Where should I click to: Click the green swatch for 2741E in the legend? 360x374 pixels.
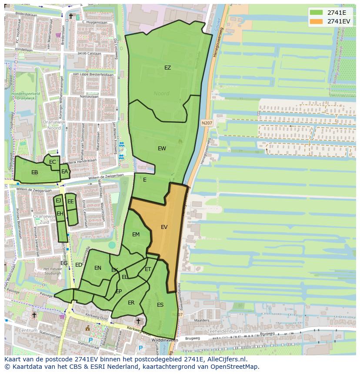pyautogui.click(x=317, y=13)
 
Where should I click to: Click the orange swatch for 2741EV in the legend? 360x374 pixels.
pyautogui.click(x=317, y=21)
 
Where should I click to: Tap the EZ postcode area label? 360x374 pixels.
pyautogui.click(x=167, y=68)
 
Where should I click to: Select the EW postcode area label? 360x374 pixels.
pyautogui.click(x=162, y=149)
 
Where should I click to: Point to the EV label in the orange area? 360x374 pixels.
pyautogui.click(x=164, y=227)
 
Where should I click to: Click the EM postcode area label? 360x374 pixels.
pyautogui.click(x=136, y=235)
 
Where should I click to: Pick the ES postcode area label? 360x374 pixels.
pyautogui.click(x=160, y=305)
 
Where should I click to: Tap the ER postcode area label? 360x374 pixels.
pyautogui.click(x=131, y=303)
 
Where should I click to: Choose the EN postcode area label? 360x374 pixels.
pyautogui.click(x=98, y=268)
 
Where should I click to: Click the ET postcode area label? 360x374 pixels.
pyautogui.click(x=148, y=270)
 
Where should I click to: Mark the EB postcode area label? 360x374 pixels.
pyautogui.click(x=35, y=172)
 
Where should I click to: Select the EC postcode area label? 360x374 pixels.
pyautogui.click(x=53, y=162)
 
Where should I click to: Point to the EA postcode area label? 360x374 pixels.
pyautogui.click(x=64, y=172)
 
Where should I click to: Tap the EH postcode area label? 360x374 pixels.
pyautogui.click(x=60, y=214)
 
